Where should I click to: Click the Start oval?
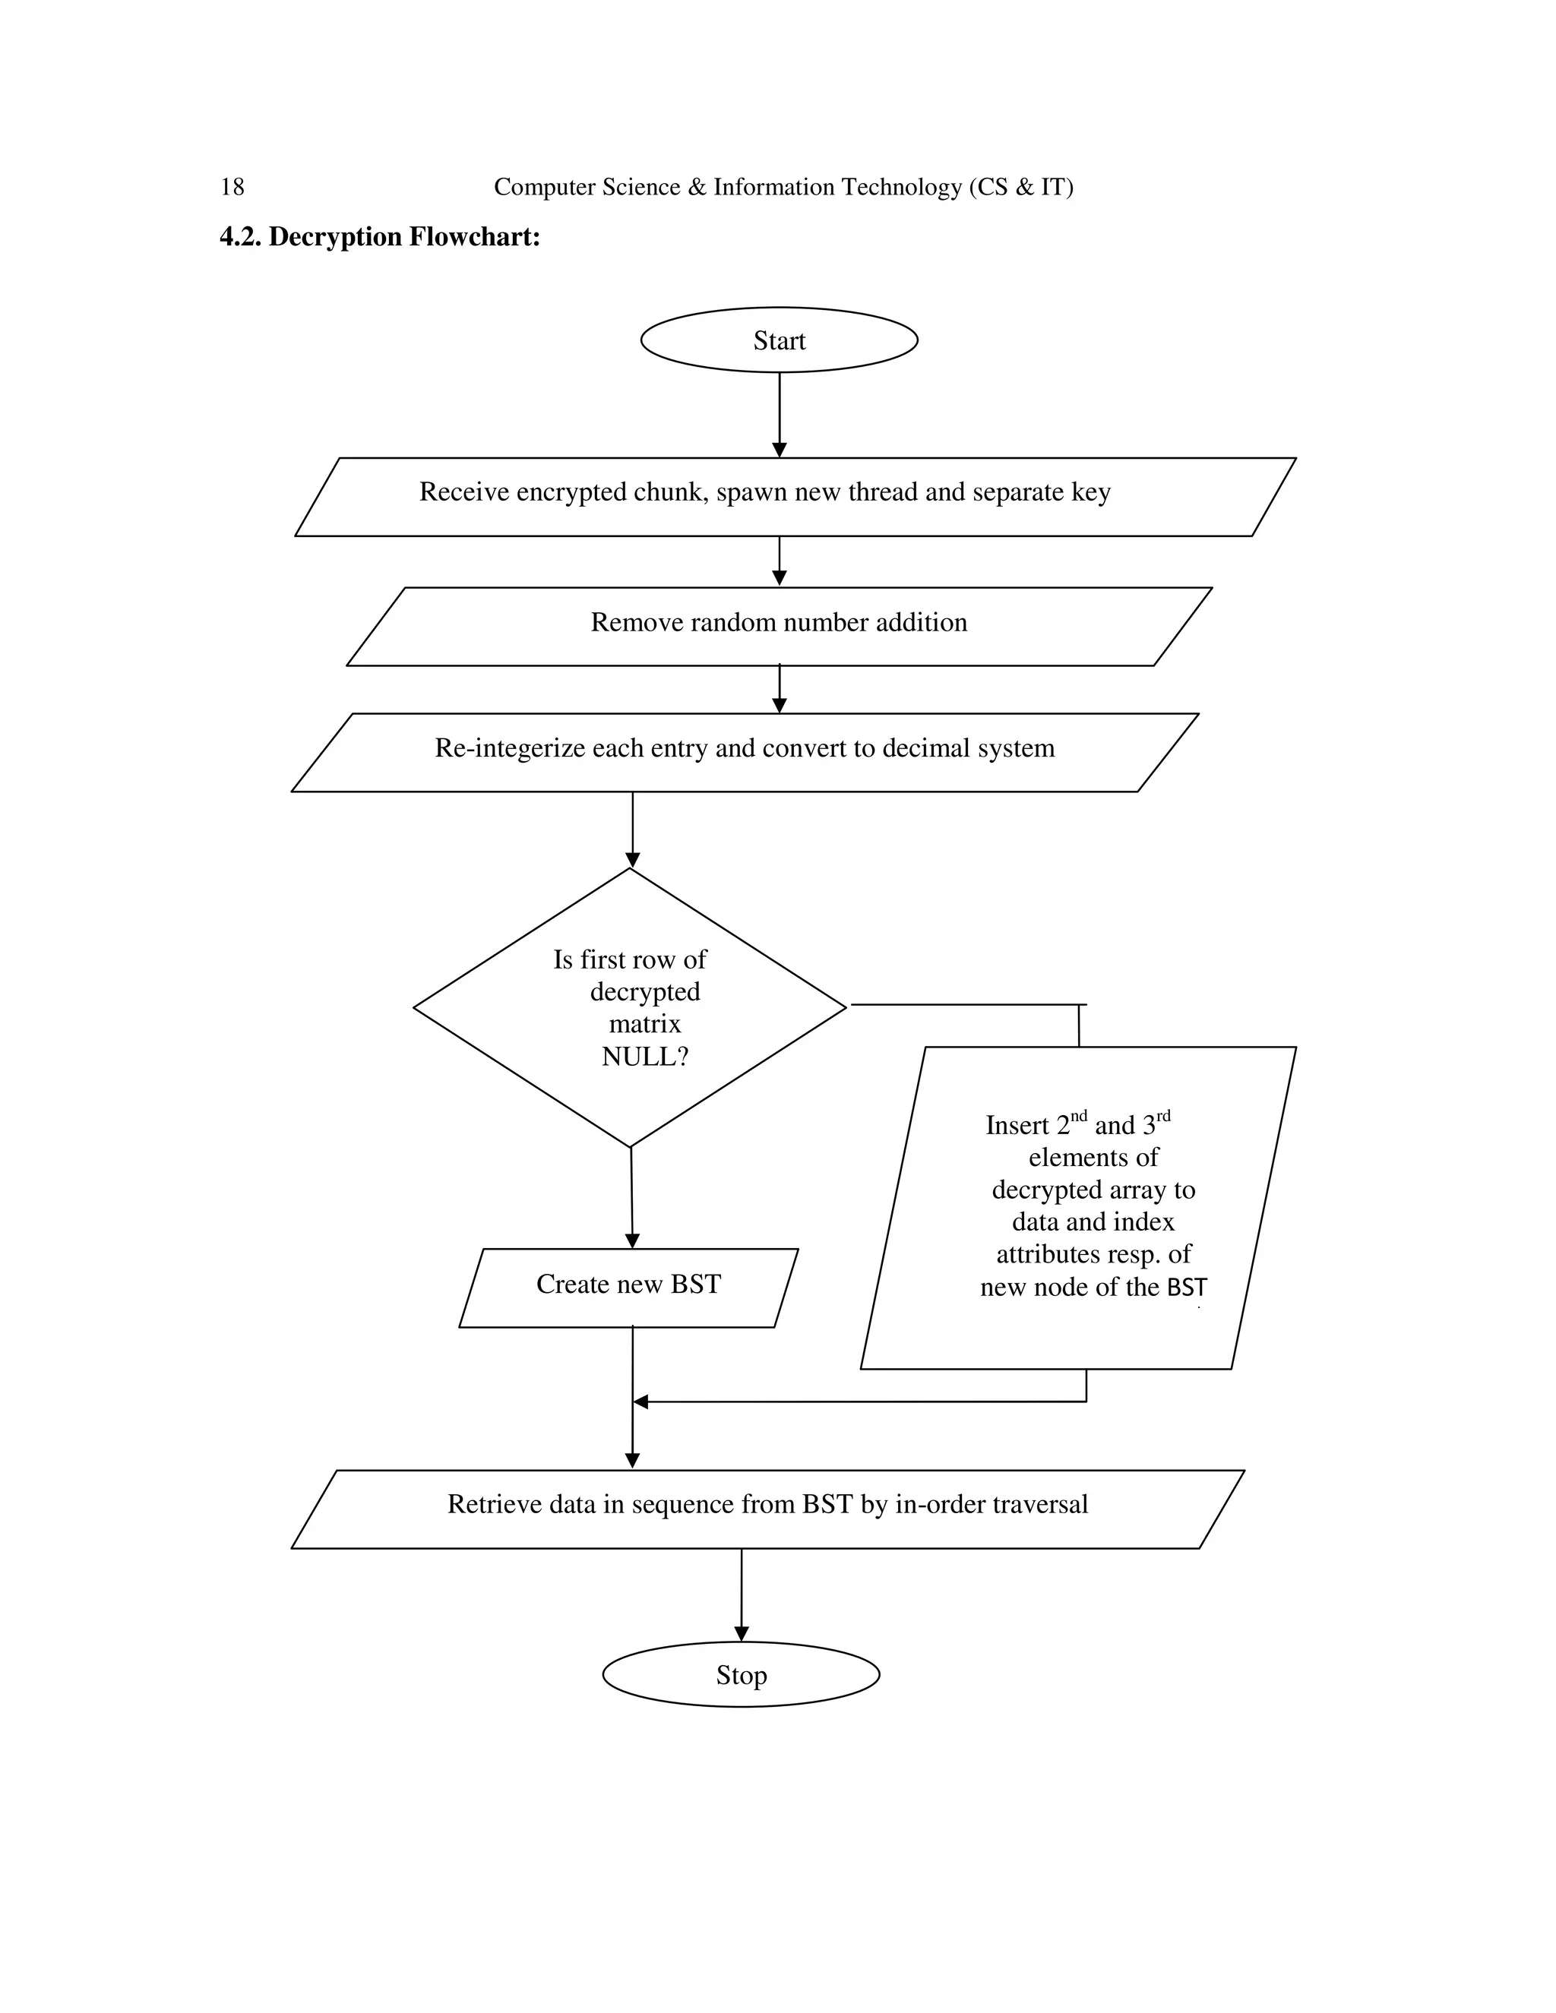779,340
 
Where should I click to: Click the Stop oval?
740,1675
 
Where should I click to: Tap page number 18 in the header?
232,187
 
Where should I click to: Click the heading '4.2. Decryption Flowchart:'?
379,237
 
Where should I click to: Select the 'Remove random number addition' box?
779,622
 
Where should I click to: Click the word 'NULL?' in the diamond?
644,1057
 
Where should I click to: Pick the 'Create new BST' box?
628,1284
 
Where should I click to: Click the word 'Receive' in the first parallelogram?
463,492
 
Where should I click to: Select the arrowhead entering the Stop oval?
741,1633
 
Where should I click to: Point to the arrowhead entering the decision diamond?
632,860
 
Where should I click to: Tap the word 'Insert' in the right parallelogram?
1017,1126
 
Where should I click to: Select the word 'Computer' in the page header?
545,187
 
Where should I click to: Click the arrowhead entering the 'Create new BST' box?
632,1240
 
